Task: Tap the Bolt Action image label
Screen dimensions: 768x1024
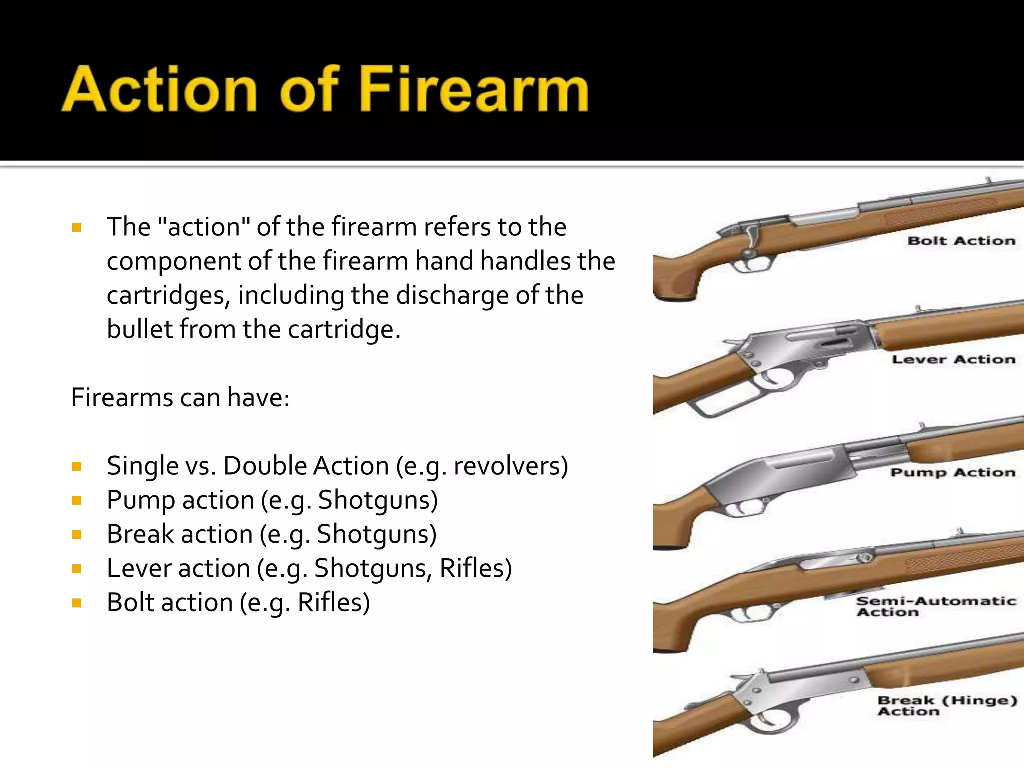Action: click(x=961, y=241)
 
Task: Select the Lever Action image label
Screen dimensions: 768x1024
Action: click(x=953, y=359)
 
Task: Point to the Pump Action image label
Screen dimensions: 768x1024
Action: click(x=953, y=472)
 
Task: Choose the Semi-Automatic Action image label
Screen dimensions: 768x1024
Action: click(x=936, y=606)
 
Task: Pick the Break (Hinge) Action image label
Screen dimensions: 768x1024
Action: click(x=947, y=705)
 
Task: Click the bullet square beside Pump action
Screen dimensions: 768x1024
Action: click(x=77, y=500)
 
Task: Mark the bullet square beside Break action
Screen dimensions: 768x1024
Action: click(x=77, y=534)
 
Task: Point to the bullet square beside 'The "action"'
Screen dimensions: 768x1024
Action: click(x=77, y=228)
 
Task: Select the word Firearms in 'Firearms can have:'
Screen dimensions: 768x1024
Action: click(x=121, y=398)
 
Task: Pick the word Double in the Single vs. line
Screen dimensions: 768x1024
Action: click(x=265, y=466)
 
